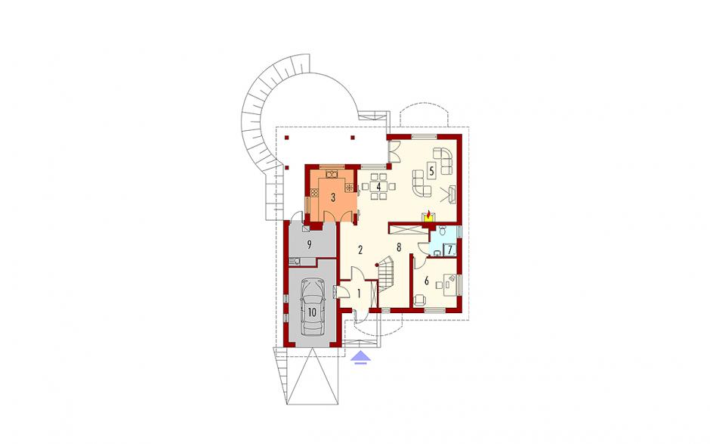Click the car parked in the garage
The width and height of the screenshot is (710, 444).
[x=313, y=307]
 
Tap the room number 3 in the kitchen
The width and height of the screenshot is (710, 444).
[x=333, y=197]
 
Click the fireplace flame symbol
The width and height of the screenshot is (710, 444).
[x=428, y=213]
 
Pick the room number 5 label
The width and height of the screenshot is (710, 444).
[x=431, y=171]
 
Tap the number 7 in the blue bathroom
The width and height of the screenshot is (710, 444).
[x=450, y=250]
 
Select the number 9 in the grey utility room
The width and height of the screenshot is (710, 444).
[x=309, y=245]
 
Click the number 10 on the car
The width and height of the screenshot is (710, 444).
[x=313, y=312]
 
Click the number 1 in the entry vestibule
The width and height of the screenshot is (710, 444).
[x=359, y=293]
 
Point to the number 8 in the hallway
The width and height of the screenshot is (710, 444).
[x=399, y=247]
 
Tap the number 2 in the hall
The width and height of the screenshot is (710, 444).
[x=360, y=250]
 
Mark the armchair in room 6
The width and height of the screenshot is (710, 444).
[x=420, y=300]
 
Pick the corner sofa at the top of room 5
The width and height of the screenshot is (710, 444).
[x=443, y=160]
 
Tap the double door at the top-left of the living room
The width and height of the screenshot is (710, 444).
[x=394, y=151]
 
